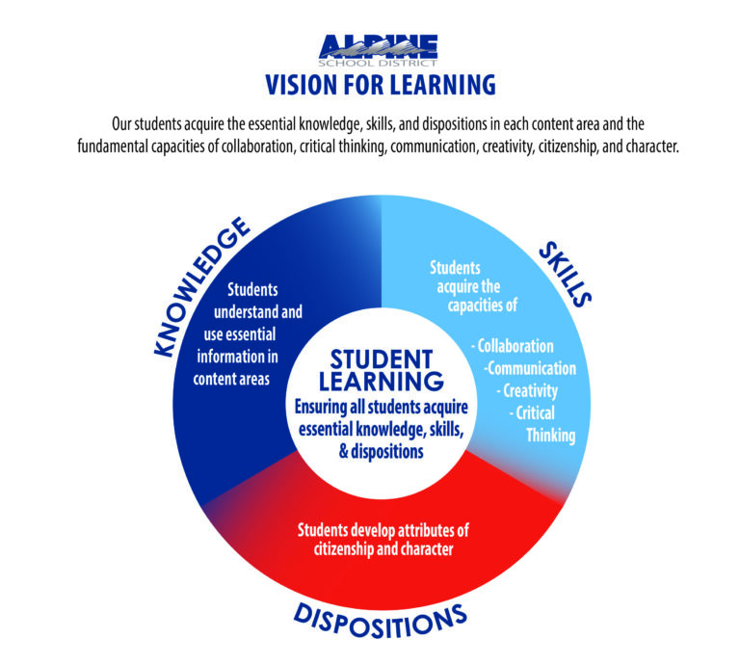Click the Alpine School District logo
click(378, 50)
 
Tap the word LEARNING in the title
click(442, 86)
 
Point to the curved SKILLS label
click(565, 274)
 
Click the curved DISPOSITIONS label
click(381, 621)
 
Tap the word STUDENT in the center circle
click(382, 359)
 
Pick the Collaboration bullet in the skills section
click(513, 346)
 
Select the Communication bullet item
click(530, 368)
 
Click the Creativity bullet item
click(527, 390)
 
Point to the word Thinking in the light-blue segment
click(551, 436)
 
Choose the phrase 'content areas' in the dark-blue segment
click(231, 379)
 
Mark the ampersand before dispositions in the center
click(344, 452)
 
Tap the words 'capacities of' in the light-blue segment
click(483, 306)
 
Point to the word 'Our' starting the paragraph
click(121, 124)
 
